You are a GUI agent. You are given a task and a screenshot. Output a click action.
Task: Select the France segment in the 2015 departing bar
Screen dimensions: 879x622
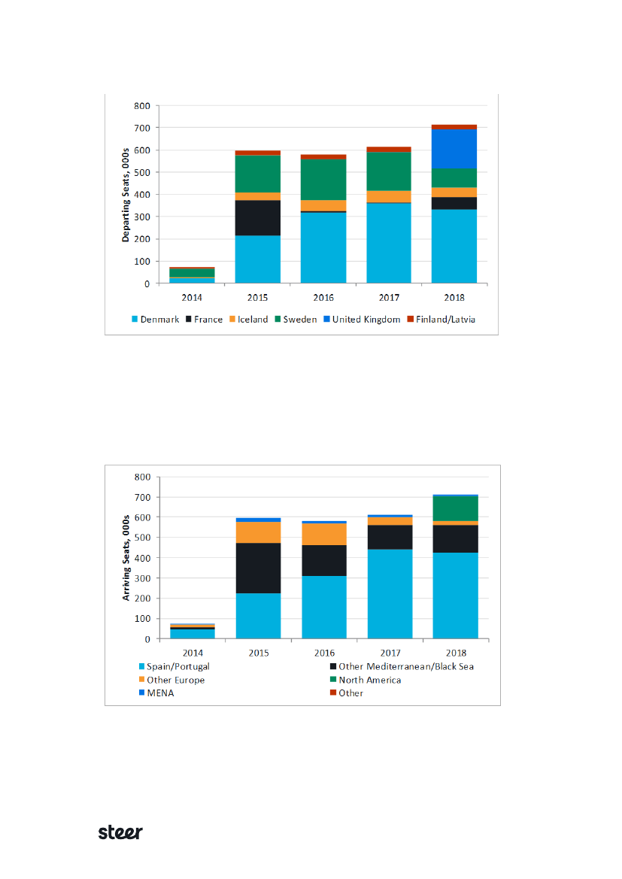(x=258, y=217)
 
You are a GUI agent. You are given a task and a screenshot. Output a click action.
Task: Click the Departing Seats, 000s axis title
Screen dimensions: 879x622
(x=126, y=195)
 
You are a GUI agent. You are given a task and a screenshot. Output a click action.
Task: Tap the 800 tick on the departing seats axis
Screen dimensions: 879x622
(x=141, y=106)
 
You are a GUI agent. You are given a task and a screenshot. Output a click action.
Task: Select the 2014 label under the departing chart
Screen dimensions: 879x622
(x=192, y=297)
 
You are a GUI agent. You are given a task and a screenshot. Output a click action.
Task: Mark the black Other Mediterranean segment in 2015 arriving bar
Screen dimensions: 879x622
(x=258, y=568)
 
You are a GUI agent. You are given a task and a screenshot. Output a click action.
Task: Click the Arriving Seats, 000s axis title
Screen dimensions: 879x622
(x=126, y=558)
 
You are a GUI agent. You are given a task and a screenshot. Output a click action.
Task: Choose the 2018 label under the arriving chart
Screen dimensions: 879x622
(x=455, y=652)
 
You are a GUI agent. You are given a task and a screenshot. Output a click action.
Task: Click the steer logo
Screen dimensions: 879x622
(x=121, y=832)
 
